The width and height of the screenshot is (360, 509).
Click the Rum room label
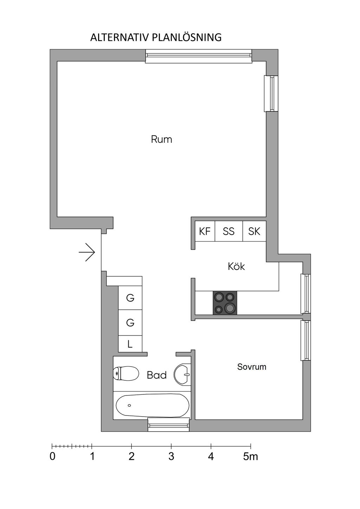tap(161, 139)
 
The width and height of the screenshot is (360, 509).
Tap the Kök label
tap(236, 266)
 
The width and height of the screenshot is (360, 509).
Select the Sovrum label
tap(252, 367)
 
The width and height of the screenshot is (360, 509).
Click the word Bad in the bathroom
tap(156, 375)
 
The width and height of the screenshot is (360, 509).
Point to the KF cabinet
tap(205, 231)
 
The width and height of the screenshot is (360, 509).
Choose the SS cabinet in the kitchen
tap(229, 231)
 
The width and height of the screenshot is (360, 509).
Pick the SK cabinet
tap(254, 231)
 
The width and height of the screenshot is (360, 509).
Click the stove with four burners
tap(225, 303)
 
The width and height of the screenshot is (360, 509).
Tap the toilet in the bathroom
tap(126, 373)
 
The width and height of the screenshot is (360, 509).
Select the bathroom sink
tap(182, 374)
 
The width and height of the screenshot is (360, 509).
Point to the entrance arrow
tap(86, 252)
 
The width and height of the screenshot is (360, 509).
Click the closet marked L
tap(130, 344)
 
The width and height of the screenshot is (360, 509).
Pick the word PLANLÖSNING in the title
tap(187, 37)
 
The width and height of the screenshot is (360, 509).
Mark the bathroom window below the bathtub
tap(168, 425)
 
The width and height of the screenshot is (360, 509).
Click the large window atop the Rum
tap(199, 56)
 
